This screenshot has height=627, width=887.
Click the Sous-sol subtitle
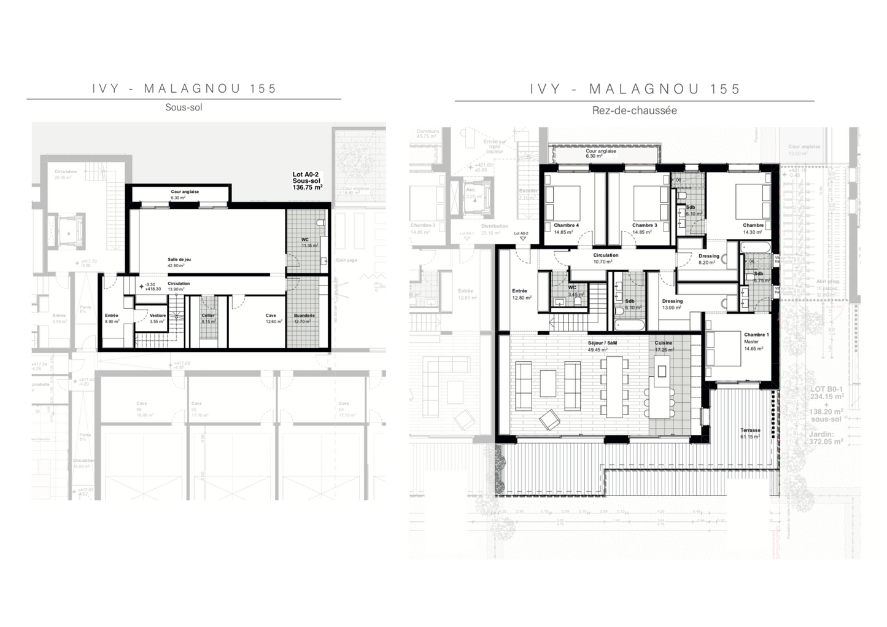pyautogui.click(x=183, y=107)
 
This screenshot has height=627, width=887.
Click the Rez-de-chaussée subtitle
pyautogui.click(x=634, y=111)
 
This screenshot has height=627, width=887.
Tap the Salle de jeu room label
pyautogui.click(x=179, y=262)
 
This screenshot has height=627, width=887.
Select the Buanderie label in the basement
pyautogui.click(x=304, y=318)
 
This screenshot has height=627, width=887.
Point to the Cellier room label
pyautogui.click(x=208, y=318)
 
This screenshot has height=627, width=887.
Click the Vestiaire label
pyautogui.click(x=158, y=318)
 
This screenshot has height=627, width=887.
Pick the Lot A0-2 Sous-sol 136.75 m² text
pyautogui.click(x=308, y=181)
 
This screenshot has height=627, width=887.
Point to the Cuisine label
pyautogui.click(x=664, y=346)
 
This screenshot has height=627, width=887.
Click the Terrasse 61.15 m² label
pyautogui.click(x=750, y=434)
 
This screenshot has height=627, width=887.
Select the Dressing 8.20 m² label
pyautogui.click(x=708, y=259)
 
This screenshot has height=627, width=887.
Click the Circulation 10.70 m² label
pyautogui.click(x=605, y=258)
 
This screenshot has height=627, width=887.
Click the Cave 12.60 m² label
pyautogui.click(x=271, y=318)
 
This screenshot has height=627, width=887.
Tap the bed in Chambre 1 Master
pyautogui.click(x=727, y=347)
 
